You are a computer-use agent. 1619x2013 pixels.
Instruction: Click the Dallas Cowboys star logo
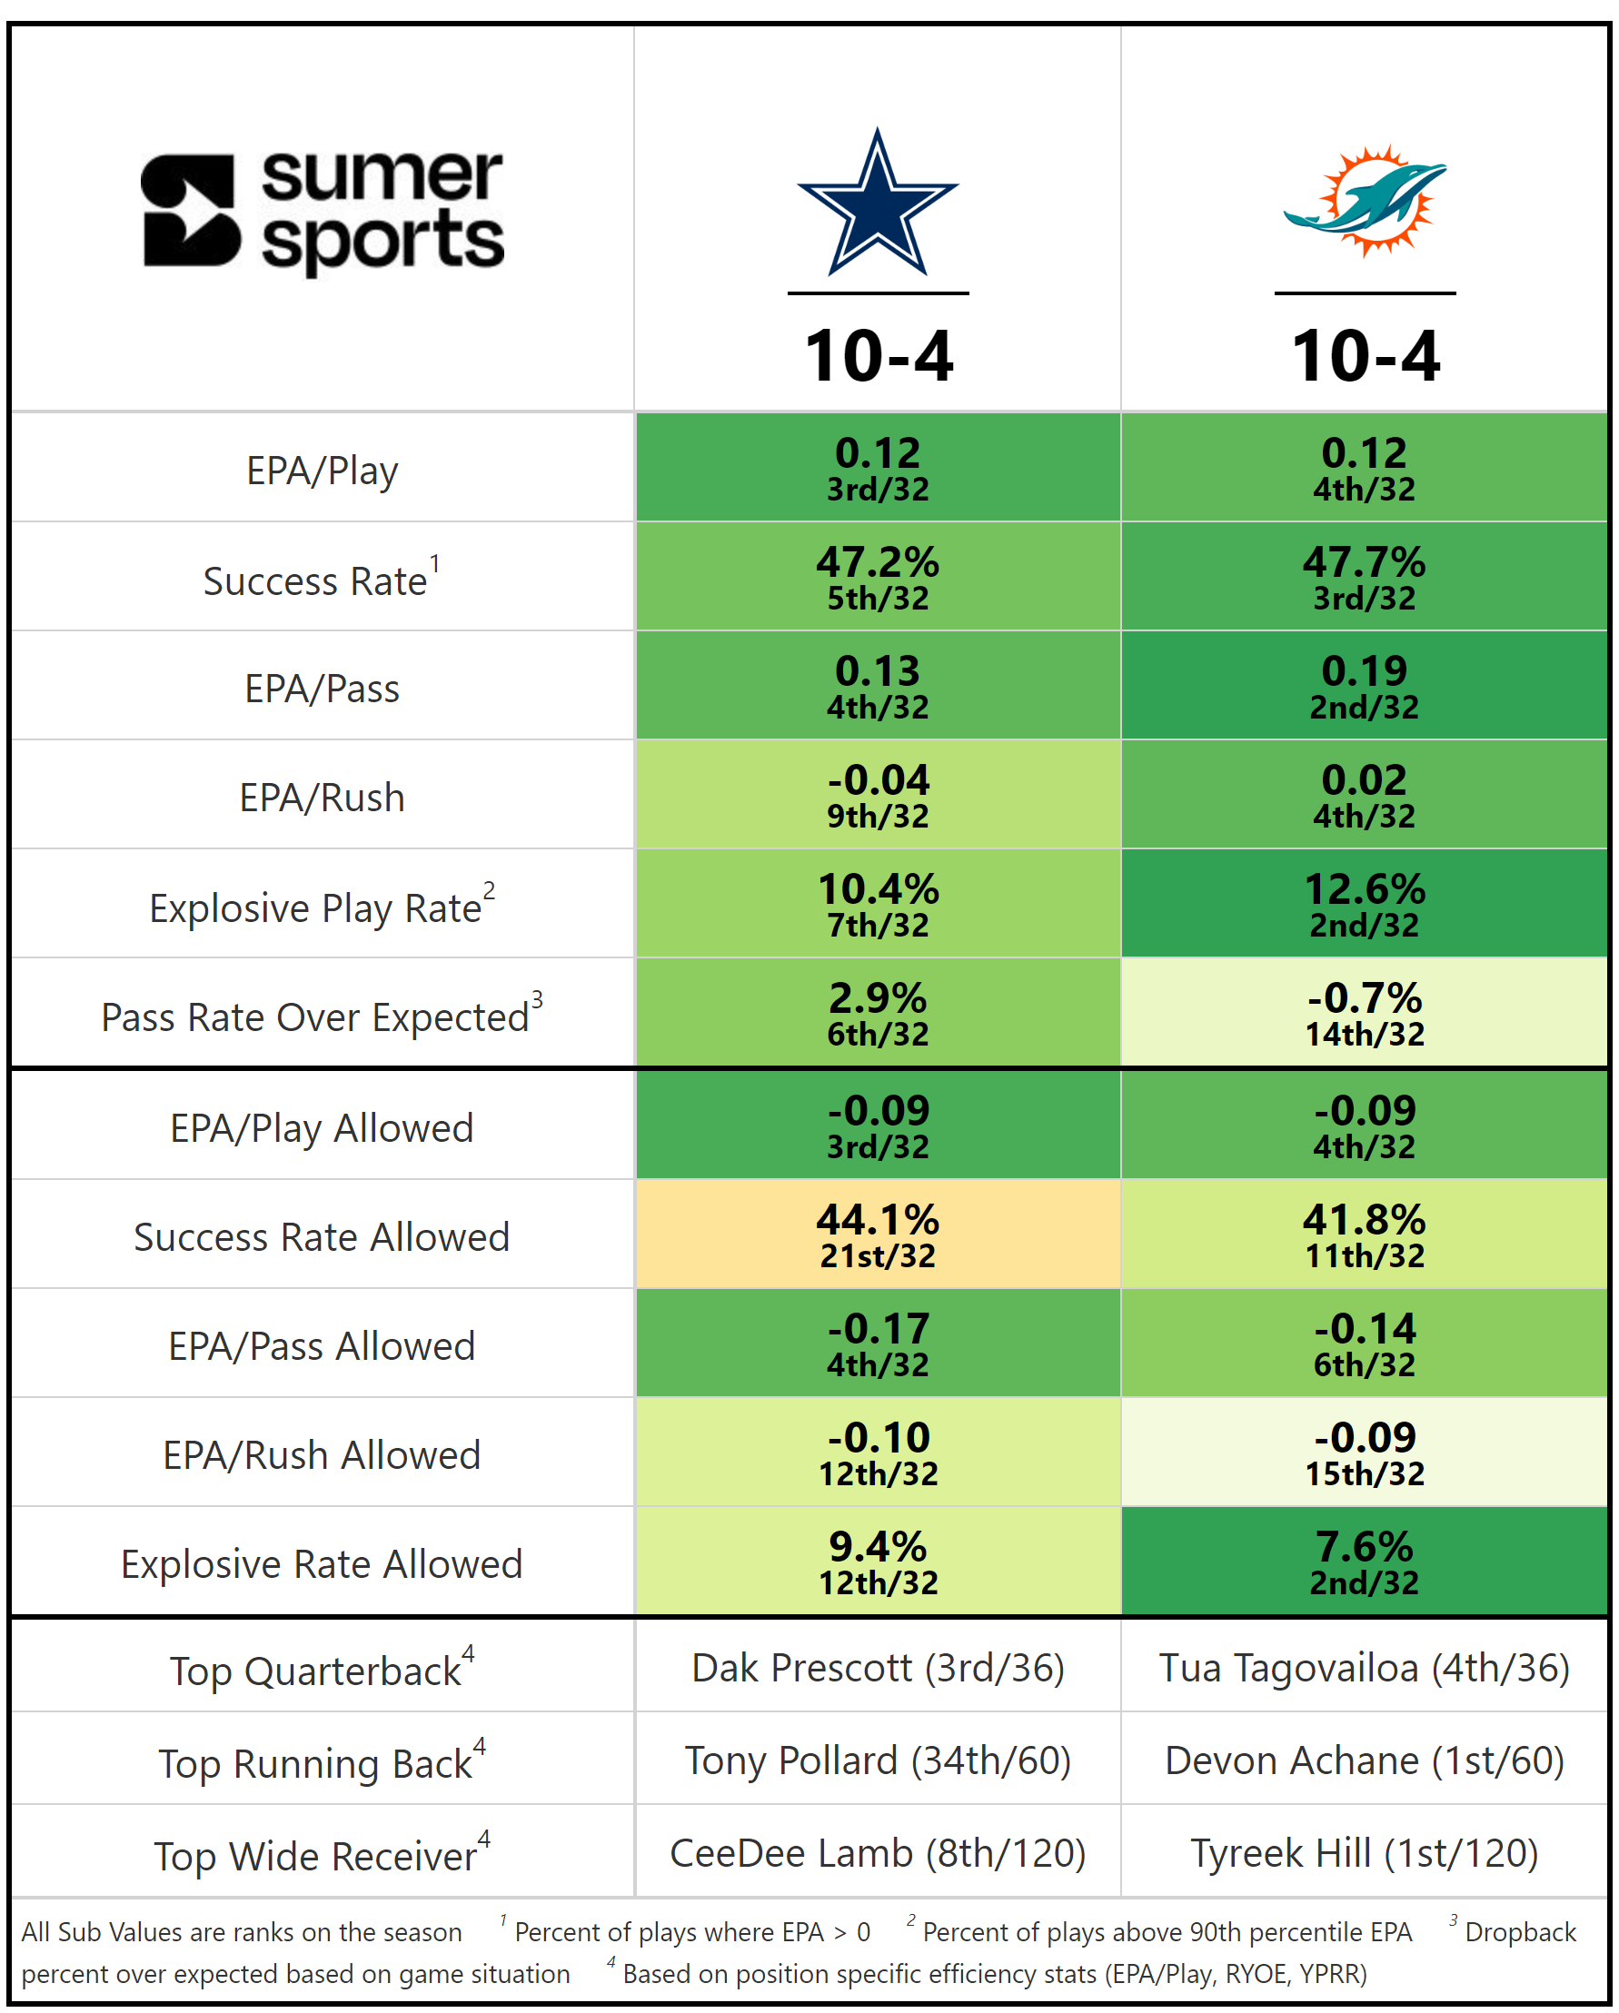(x=877, y=203)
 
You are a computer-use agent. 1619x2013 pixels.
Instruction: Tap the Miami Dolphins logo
(x=1364, y=202)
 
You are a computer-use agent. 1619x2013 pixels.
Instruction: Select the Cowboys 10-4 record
(x=878, y=356)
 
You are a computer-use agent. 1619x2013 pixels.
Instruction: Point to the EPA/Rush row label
(x=323, y=798)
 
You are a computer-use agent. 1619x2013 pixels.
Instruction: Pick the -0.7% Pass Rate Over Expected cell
(x=1364, y=1013)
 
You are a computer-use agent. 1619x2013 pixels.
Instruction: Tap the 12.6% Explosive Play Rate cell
(x=1364, y=904)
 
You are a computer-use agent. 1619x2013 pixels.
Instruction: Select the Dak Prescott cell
(x=878, y=1668)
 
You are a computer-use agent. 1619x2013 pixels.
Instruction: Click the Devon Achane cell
(x=1364, y=1760)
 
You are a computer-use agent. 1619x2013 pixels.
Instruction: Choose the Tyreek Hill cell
(x=1364, y=1852)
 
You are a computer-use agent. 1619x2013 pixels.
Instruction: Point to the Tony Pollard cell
(x=878, y=1760)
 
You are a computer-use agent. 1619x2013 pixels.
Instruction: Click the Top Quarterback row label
(x=323, y=1670)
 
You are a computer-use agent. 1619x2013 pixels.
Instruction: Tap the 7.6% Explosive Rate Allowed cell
(x=1364, y=1562)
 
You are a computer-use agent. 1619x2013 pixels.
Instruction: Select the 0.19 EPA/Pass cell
(x=1364, y=685)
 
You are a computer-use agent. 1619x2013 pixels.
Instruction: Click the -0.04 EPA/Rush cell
(x=878, y=795)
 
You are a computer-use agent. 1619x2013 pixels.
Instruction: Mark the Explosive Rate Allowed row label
(x=323, y=1564)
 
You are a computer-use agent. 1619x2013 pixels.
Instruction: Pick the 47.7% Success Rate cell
(x=1364, y=576)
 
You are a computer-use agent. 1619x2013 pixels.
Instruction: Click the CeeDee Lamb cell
(x=878, y=1852)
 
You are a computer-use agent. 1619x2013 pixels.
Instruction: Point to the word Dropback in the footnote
(x=1520, y=1932)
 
